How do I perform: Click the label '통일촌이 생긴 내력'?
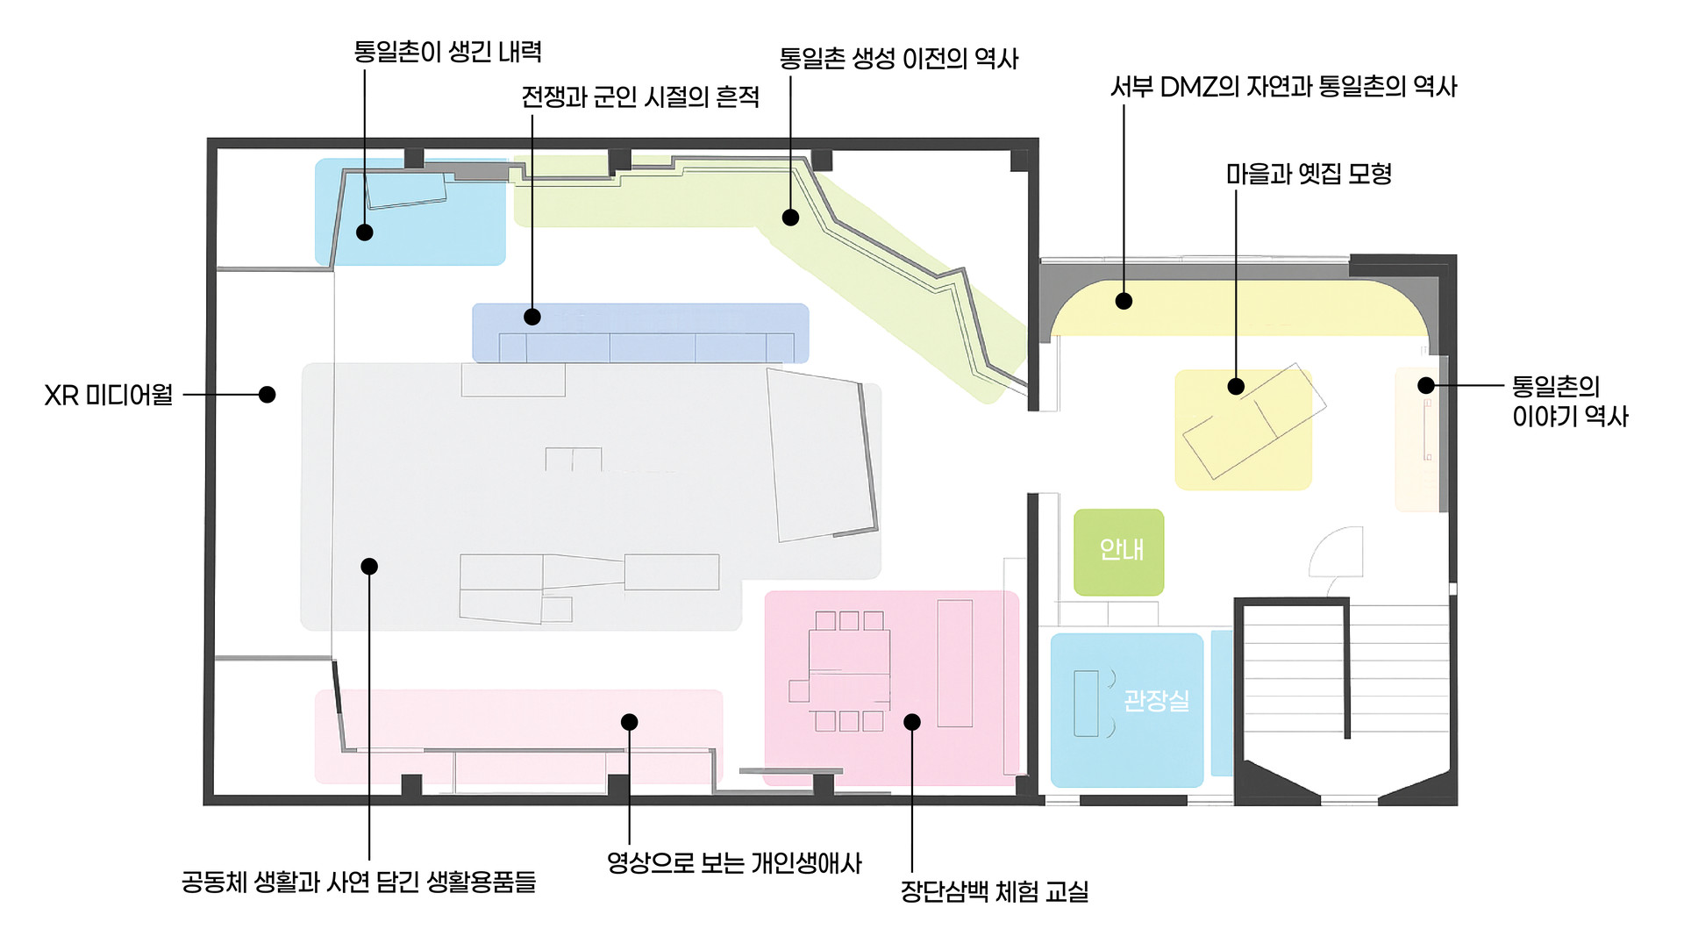[x=447, y=52]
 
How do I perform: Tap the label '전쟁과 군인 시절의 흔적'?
[x=640, y=96]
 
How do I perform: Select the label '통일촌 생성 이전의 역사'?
[x=898, y=59]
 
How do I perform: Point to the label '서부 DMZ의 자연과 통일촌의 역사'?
[x=1283, y=87]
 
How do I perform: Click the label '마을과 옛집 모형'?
[x=1309, y=174]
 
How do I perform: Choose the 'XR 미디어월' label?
[x=109, y=396]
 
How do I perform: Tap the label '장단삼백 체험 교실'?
[x=994, y=891]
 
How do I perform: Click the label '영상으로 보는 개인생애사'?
[x=734, y=863]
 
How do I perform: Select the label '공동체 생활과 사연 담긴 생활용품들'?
[x=358, y=882]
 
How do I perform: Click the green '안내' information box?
[x=1119, y=551]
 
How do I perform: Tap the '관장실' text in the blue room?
[x=1156, y=700]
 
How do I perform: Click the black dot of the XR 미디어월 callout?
[x=268, y=395]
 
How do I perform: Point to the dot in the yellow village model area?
[x=1236, y=386]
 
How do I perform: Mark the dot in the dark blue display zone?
[x=532, y=317]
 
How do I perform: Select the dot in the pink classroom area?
[x=912, y=722]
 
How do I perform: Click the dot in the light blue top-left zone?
[x=365, y=232]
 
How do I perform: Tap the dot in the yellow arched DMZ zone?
[x=1124, y=301]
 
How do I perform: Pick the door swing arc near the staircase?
[x=1336, y=553]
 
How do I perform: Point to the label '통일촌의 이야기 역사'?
[x=1569, y=401]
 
